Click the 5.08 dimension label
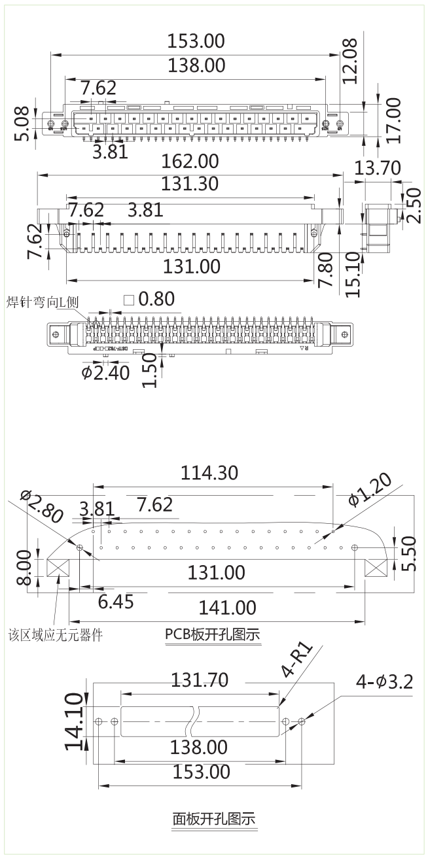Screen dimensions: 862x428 point(22,124)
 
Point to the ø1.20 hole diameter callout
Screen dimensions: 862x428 point(370,490)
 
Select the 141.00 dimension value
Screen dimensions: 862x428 point(226,608)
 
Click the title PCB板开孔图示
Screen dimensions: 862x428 point(213,634)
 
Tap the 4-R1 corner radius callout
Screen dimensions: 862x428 point(297,661)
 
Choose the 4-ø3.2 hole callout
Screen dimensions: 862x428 point(384,682)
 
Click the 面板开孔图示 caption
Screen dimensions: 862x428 point(213,818)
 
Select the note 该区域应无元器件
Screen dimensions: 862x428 point(55,634)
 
